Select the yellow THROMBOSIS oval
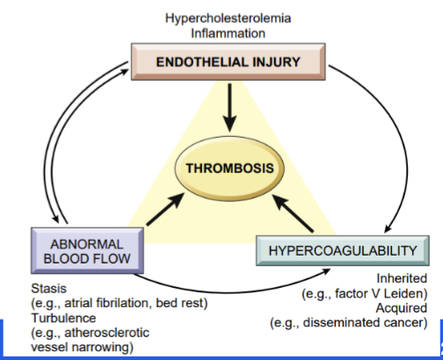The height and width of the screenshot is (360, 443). (221, 168)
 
